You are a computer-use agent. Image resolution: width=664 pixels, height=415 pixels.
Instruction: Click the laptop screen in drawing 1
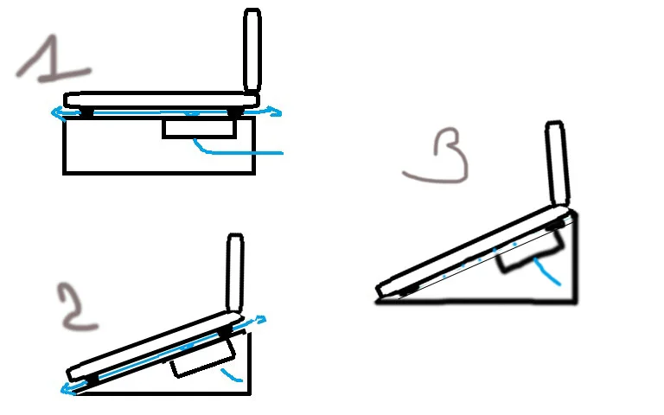tap(252, 50)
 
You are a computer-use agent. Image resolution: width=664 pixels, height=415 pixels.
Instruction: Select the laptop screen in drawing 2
tap(235, 272)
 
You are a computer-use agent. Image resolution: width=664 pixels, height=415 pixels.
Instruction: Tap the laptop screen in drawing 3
tap(557, 164)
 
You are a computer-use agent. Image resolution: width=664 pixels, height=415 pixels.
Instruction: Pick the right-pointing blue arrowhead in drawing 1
tap(274, 112)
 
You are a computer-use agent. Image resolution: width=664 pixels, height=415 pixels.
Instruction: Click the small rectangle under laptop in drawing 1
tap(199, 128)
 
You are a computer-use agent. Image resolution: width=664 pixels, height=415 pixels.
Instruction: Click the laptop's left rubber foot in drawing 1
tap(86, 112)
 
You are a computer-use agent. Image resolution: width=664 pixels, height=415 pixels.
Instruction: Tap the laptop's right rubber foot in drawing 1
tap(234, 112)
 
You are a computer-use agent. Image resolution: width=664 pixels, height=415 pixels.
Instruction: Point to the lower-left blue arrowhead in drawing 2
tap(67, 389)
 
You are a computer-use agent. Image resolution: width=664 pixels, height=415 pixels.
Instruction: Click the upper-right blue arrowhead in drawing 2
tap(259, 319)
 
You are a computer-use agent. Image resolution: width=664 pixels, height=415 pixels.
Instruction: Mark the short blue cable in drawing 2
tap(231, 375)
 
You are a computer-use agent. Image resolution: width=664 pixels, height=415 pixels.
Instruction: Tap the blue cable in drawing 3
tap(547, 271)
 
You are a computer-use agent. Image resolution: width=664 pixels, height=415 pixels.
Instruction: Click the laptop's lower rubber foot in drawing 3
tap(408, 290)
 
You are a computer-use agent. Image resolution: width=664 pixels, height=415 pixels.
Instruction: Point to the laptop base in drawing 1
tap(162, 100)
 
